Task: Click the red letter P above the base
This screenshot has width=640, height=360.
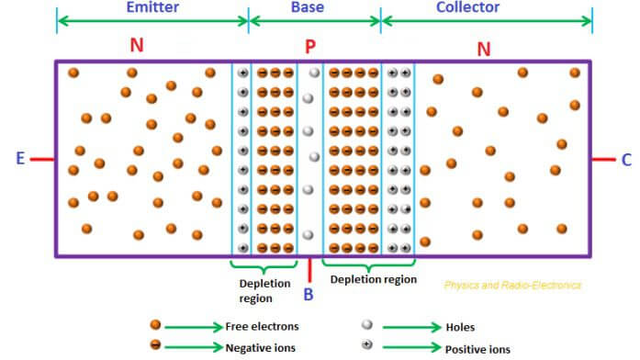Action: pyautogui.click(x=311, y=45)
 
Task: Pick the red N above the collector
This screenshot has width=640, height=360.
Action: pyautogui.click(x=484, y=47)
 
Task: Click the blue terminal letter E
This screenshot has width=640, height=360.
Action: pyautogui.click(x=19, y=159)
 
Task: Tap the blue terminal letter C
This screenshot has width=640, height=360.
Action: pyautogui.click(x=626, y=159)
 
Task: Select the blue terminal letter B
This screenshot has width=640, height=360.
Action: pyautogui.click(x=309, y=294)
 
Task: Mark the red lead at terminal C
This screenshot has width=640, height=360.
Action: pyautogui.click(x=603, y=159)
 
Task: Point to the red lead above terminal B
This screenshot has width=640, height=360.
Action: pyautogui.click(x=309, y=268)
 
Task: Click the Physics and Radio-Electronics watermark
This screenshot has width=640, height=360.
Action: pyautogui.click(x=512, y=286)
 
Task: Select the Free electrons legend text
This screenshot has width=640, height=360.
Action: pyautogui.click(x=262, y=326)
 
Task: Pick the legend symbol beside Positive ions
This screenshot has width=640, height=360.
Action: pyautogui.click(x=367, y=347)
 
